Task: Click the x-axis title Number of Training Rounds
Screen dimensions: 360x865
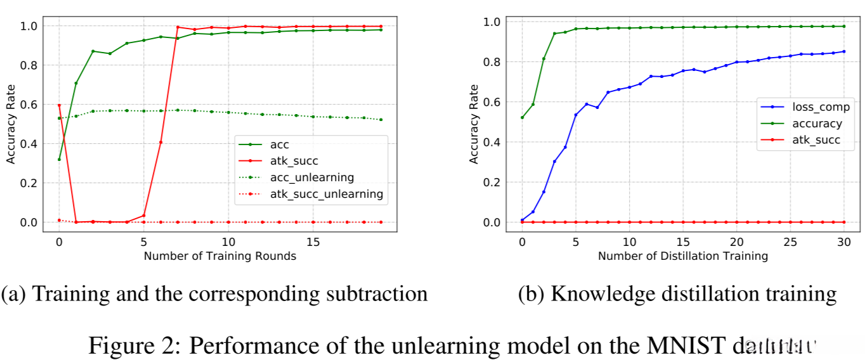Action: (219, 256)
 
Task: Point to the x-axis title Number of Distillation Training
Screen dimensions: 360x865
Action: (682, 256)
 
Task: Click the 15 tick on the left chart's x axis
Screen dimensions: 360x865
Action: (313, 241)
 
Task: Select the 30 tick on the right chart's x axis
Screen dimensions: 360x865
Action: (843, 241)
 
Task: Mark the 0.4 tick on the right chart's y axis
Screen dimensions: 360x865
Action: (491, 142)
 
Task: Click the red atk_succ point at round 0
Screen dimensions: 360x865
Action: (59, 105)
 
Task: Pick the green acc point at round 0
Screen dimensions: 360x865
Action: (59, 159)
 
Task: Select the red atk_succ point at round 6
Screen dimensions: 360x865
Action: (160, 142)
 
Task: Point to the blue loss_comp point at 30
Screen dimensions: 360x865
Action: (843, 51)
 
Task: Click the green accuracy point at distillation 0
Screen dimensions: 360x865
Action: (522, 117)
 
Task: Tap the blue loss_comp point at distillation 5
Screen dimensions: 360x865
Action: (575, 115)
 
